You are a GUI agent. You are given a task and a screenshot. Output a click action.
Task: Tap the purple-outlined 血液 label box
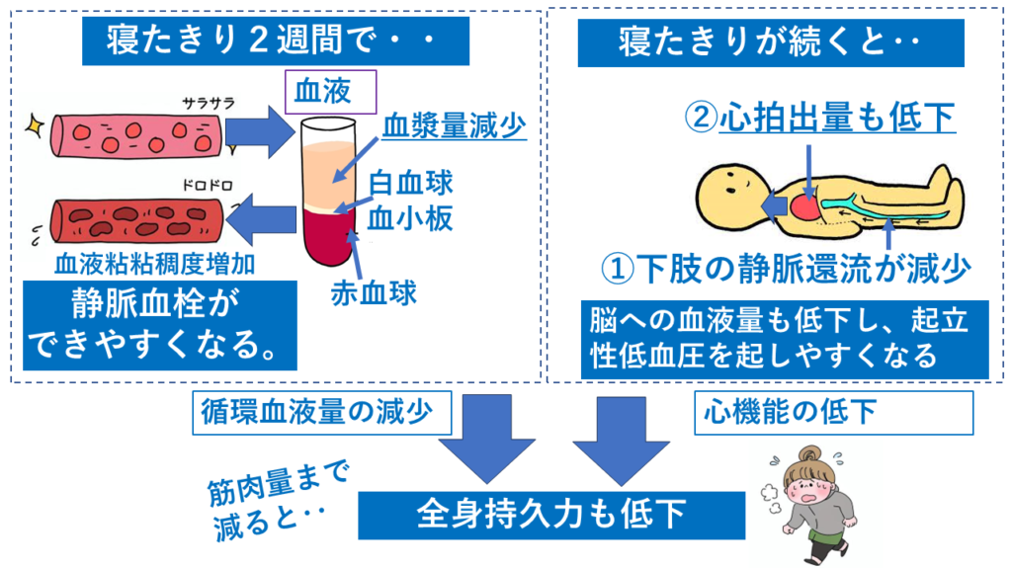pos(330,92)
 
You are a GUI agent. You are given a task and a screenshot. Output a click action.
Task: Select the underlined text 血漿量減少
pos(454,126)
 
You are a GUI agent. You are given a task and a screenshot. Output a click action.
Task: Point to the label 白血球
pos(411,183)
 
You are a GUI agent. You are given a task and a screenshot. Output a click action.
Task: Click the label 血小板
pos(410,218)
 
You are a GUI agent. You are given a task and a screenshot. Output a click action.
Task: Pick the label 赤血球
pos(374,293)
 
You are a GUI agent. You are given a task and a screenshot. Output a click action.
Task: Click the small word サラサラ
pos(208,103)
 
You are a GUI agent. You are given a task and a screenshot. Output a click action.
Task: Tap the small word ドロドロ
pos(208,186)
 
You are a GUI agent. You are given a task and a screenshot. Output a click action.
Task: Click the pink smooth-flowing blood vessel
pos(136,136)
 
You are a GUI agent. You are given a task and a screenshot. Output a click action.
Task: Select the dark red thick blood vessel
pos(136,220)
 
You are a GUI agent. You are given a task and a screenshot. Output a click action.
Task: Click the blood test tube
pos(329,193)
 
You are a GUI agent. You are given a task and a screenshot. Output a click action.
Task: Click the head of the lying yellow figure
pos(732,195)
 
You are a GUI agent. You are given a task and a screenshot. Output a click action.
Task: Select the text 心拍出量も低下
pos(837,119)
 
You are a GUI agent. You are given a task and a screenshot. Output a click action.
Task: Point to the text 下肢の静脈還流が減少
pos(802,269)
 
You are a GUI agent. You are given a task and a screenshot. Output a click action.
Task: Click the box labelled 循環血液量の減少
pos(321,413)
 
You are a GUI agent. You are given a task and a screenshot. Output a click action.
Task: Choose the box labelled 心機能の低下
pos(833,413)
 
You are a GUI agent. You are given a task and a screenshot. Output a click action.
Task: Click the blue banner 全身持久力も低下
pos(551,515)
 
